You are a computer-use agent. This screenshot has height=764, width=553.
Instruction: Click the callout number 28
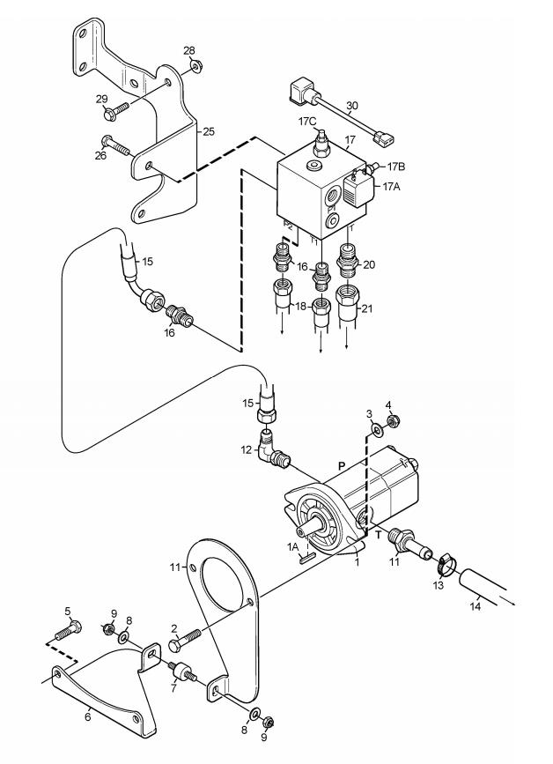pos(188,50)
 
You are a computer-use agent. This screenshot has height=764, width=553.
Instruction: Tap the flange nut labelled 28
pos(196,66)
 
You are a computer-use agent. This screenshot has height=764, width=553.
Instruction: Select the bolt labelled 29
pos(115,111)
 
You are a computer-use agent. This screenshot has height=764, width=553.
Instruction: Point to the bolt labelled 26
pos(115,145)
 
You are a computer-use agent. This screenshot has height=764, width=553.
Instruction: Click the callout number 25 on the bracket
pos(209,131)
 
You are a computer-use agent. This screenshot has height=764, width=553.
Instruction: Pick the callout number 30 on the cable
pos(352,105)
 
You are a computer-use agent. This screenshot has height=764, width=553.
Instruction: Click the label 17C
pos(307,122)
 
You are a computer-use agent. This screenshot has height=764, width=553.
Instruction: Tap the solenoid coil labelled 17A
pos(357,189)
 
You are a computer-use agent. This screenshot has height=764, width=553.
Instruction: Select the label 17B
pos(396,167)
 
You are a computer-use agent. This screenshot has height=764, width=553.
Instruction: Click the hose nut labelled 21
pos(347,302)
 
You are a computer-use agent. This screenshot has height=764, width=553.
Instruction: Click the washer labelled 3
pos(377,429)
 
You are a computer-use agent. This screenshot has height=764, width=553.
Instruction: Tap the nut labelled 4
pos(393,420)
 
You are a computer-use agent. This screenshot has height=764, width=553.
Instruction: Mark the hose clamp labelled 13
pos(445,563)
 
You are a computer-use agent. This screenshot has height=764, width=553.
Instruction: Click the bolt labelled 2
pos(185,640)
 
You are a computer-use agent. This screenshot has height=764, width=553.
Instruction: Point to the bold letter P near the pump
pos(342,467)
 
